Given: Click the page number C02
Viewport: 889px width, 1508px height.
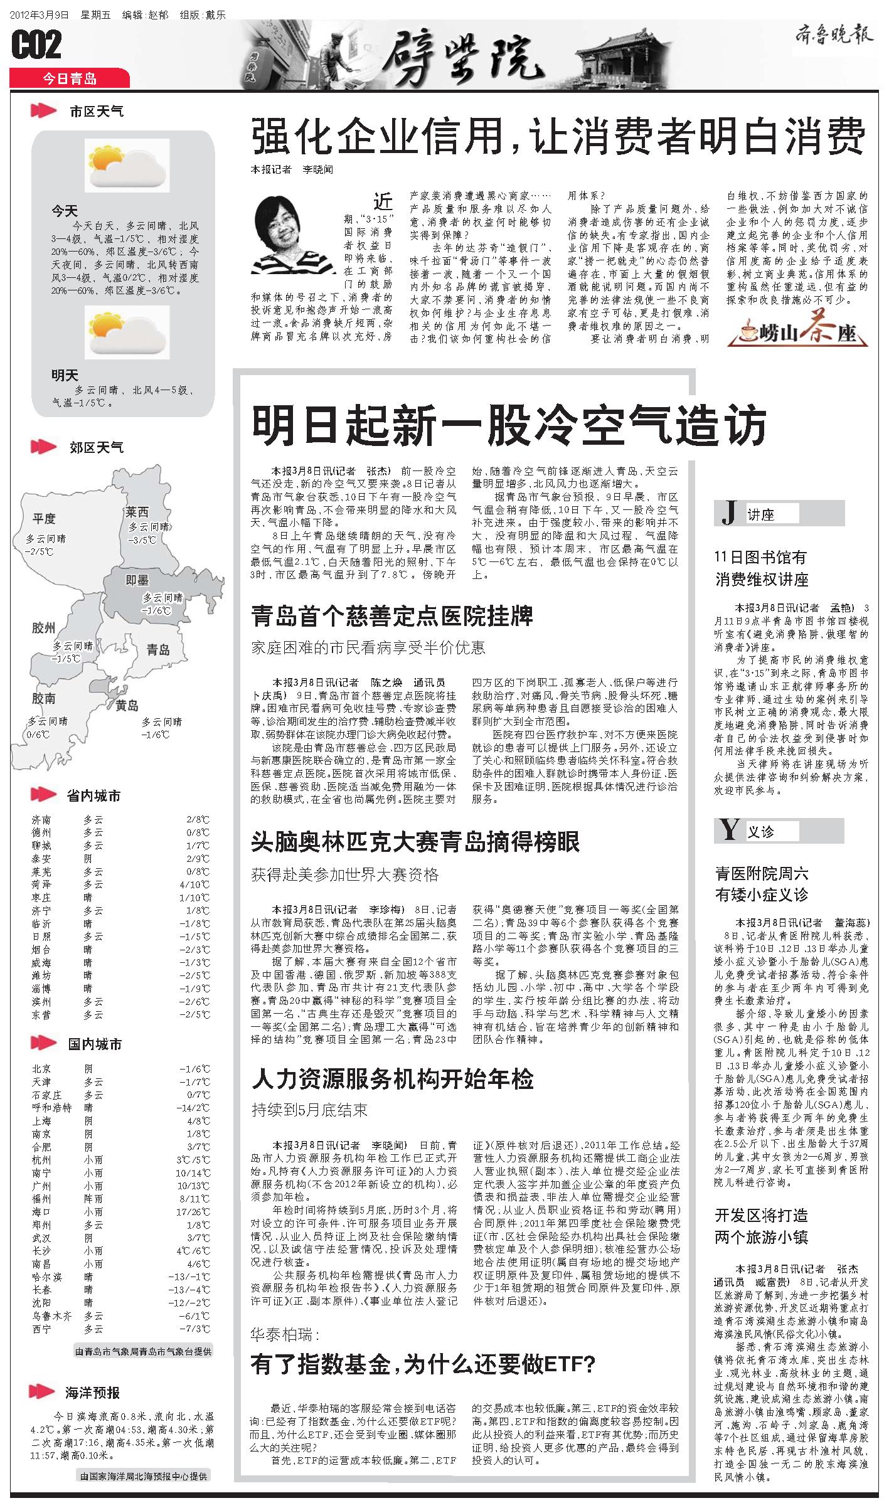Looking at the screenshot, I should point(36,45).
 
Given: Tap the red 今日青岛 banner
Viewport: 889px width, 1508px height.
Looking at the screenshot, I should point(69,78).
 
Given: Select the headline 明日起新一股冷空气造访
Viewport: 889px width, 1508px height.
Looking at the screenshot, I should point(509,425).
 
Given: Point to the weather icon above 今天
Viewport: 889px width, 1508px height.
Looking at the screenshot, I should point(127,166).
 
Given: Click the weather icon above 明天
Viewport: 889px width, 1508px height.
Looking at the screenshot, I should point(127,332).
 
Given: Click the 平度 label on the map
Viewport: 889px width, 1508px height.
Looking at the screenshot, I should point(45,518).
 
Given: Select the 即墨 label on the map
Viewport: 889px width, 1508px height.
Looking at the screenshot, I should point(137,580).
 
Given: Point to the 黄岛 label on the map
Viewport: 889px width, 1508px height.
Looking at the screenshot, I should point(127,706).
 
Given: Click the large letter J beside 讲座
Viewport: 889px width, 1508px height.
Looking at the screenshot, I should point(729,513).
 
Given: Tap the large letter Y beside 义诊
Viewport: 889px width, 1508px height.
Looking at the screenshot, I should point(729,831).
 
